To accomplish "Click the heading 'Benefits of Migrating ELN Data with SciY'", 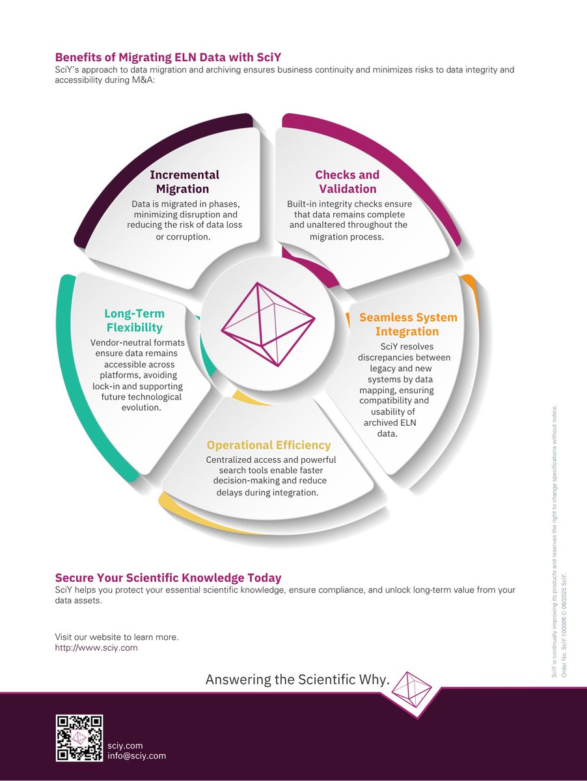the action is pos(168,57).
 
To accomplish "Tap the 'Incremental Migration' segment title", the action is pos(184,182).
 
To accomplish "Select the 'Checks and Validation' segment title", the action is pos(348,182).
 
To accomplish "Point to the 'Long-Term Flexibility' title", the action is pos(135,320).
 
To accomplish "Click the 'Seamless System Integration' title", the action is pos(408,324).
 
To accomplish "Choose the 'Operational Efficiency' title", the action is pos(269,445).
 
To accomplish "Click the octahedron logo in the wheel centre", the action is pos(268,324).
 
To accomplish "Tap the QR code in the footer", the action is pos(79,737).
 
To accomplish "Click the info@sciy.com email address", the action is pos(137,756).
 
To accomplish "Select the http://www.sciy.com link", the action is pos(96,647).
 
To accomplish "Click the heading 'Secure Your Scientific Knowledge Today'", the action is pos(168,577).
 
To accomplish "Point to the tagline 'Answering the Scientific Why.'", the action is pos(297,679).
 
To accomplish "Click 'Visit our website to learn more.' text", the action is pos(116,637).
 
